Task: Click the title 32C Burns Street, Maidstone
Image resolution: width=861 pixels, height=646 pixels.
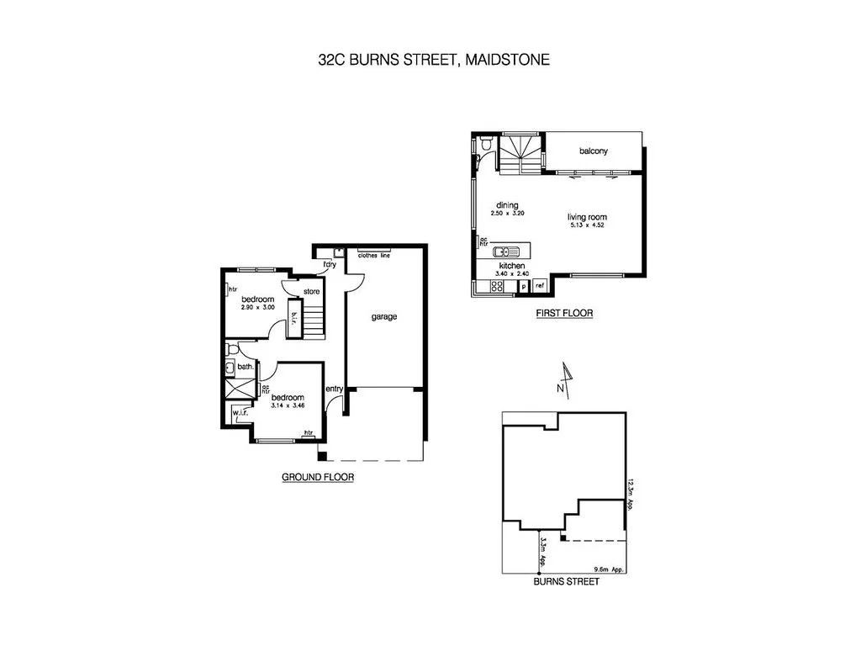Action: click(x=430, y=60)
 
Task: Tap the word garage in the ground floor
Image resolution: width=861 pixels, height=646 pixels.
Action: click(x=383, y=317)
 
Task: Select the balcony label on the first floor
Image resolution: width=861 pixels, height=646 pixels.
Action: click(x=593, y=151)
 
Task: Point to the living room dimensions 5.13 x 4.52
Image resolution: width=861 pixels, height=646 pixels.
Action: click(x=587, y=225)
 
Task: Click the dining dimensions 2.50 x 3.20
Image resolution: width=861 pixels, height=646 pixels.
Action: click(x=507, y=214)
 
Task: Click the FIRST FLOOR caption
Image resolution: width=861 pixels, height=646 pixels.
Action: click(x=564, y=314)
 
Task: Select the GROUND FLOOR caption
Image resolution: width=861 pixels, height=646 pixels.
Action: click(x=317, y=477)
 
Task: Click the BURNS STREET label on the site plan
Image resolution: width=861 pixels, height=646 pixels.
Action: click(x=567, y=581)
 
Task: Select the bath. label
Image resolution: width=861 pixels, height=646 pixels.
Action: click(x=246, y=367)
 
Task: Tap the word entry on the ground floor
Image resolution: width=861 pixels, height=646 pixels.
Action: click(x=334, y=388)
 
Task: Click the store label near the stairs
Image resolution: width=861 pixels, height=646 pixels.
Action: click(x=312, y=292)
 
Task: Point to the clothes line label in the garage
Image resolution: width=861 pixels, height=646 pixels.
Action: click(x=374, y=256)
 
